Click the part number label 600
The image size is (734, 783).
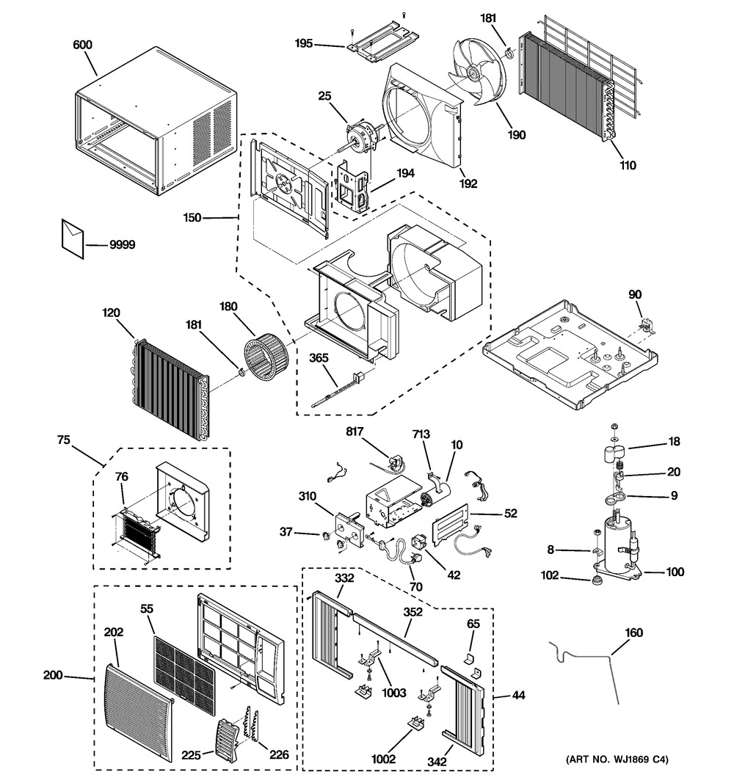pos(82,45)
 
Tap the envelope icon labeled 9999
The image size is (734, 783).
pos(73,238)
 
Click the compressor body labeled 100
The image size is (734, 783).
pos(617,547)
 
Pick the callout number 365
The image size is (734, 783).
pos(319,357)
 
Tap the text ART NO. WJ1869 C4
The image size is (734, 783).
pos(617,760)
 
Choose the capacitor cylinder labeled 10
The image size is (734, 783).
pos(435,496)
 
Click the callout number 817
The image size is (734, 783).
pos(355,431)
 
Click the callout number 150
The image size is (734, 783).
pos(192,218)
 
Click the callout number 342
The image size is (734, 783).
pos(437,762)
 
